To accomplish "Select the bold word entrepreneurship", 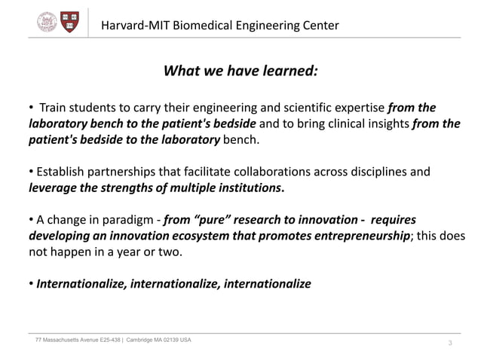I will [x=351, y=236].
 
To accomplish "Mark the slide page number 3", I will [x=450, y=344].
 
